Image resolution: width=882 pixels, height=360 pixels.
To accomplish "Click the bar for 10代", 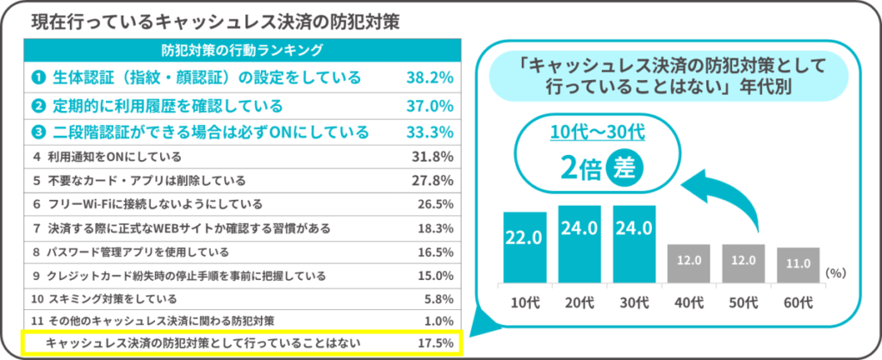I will tap(525, 247).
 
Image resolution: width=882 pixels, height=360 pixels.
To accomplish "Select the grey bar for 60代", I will tap(798, 265).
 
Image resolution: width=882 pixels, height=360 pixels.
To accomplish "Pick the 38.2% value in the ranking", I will tap(429, 78).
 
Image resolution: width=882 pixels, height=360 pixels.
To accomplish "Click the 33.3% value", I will tap(429, 133).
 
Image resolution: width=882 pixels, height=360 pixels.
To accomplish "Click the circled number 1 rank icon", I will tap(38, 78).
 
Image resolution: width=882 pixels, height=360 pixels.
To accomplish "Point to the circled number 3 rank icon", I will tap(38, 133).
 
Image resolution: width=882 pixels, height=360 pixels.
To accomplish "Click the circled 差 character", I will tap(624, 168).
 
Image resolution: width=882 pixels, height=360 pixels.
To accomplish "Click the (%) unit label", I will tap(836, 271).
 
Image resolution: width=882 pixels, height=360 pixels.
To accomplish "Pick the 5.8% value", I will tap(437, 299).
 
